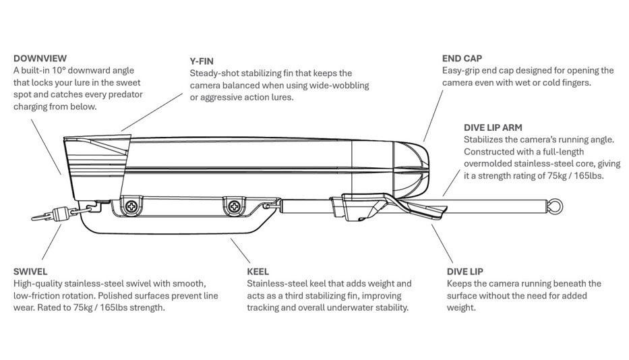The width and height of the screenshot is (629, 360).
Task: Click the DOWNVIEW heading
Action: pos(40,59)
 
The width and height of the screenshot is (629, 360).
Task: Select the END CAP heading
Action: pos(462,59)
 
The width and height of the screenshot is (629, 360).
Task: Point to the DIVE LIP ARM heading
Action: pos(493,127)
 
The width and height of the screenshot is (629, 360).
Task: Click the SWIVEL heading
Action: pos(30,272)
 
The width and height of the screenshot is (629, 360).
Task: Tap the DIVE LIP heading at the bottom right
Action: pos(467,272)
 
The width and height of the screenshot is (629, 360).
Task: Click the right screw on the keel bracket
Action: pos(234,206)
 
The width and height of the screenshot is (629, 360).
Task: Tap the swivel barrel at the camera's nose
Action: pos(59,214)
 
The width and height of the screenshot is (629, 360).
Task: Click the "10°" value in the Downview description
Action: pos(67,71)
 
